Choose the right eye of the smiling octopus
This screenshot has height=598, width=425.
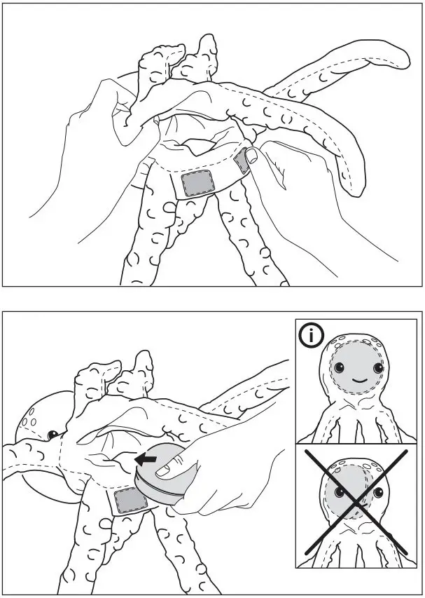pos(378,368)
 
